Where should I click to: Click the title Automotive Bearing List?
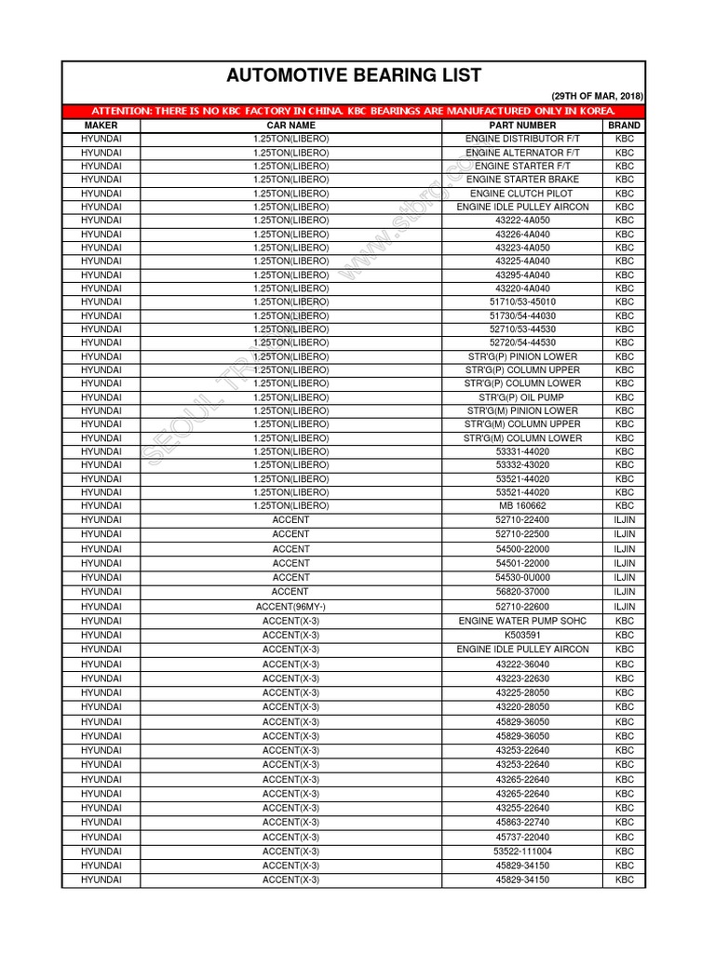353,76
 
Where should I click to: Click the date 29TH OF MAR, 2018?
597,97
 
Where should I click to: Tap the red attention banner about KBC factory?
353,111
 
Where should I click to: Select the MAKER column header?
101,125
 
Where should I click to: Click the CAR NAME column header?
290,125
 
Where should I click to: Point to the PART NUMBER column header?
522,125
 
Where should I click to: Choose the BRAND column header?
624,125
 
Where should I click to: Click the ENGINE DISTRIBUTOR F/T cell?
522,139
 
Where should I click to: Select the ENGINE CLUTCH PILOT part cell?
522,194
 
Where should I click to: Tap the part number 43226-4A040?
522,235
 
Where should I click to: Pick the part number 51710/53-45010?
522,302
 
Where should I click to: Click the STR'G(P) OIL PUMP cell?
522,397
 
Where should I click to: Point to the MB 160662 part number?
522,505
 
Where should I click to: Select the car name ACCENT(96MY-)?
290,607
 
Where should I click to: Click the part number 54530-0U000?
522,578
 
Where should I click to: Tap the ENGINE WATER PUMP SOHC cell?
522,621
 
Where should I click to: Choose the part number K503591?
522,635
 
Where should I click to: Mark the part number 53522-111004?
522,852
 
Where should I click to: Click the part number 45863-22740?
522,823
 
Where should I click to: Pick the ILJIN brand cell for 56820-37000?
624,592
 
